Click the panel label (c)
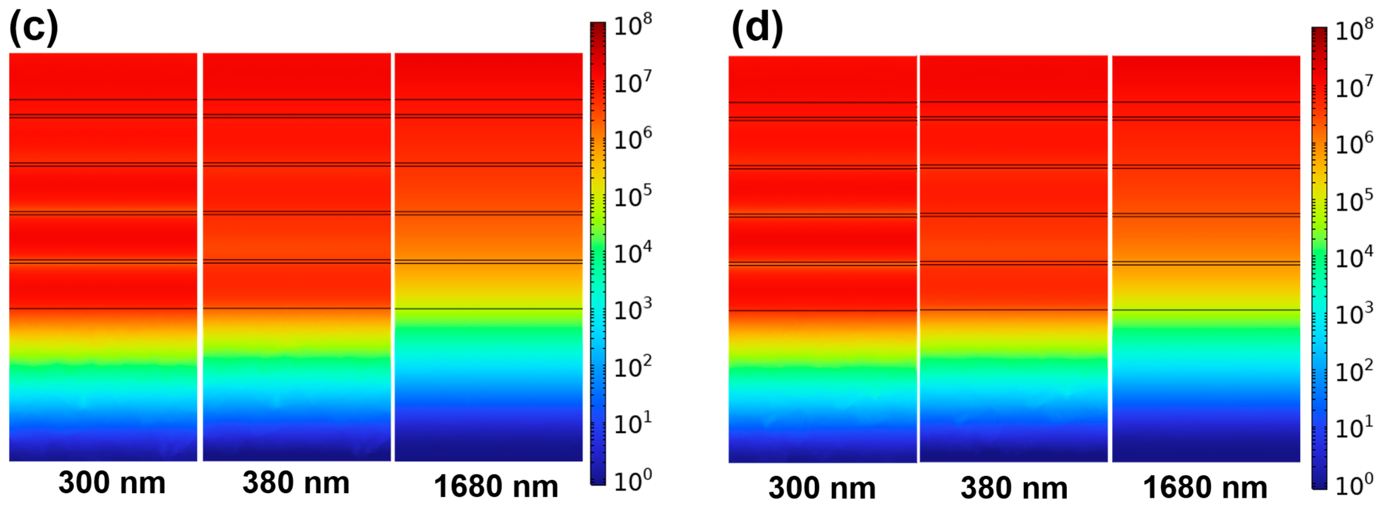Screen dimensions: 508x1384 [x=33, y=28]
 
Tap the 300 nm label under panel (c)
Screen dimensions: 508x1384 [x=112, y=482]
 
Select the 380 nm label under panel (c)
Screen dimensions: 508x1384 [x=296, y=482]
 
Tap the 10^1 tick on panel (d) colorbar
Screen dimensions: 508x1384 [x=1353, y=428]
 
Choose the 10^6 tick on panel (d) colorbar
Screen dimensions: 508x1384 [x=1353, y=144]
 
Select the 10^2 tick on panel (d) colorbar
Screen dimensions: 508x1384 [x=1353, y=371]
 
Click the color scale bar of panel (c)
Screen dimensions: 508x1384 [x=598, y=253]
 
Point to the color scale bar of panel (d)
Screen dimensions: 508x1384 [x=1319, y=258]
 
